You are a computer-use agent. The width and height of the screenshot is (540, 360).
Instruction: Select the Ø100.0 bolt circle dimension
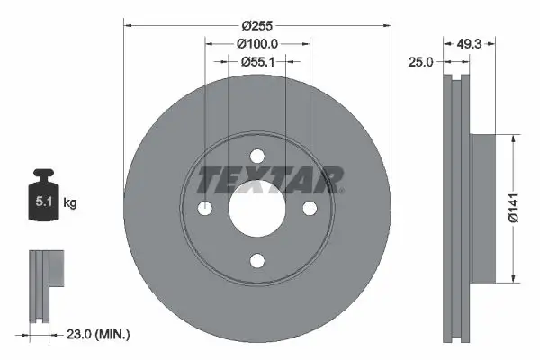pos(257,43)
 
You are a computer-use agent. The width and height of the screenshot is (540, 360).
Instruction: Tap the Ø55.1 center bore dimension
pos(257,61)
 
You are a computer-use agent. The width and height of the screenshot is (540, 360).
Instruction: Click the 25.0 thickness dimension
pos(422,61)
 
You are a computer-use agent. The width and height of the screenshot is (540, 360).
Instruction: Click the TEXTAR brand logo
pos(269,180)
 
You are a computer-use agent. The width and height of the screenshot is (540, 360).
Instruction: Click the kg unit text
pos(70,203)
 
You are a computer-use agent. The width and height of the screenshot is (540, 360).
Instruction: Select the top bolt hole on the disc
pos(257,155)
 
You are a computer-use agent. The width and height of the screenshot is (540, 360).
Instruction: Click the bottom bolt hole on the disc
pos(257,261)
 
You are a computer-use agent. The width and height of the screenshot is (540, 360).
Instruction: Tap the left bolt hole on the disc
pos(205,208)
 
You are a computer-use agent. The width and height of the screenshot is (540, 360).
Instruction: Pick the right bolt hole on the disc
pos(310,208)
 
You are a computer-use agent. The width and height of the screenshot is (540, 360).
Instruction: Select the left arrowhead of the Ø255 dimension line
pos(126,25)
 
